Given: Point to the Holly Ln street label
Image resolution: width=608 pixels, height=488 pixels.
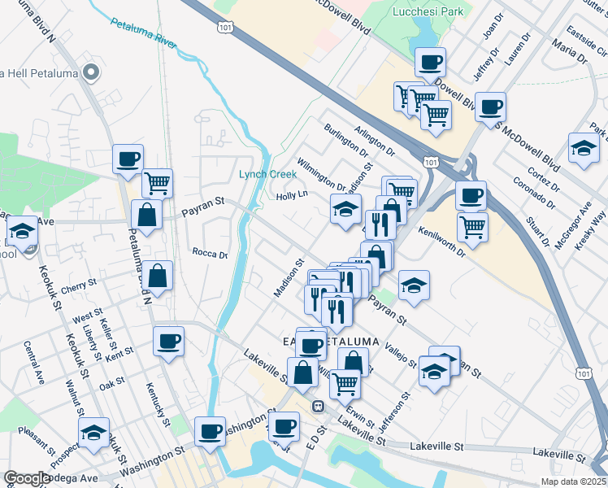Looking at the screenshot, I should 292,195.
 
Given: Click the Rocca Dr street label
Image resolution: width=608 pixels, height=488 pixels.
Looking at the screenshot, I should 210,254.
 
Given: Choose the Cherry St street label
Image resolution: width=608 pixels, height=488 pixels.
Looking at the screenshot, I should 79,286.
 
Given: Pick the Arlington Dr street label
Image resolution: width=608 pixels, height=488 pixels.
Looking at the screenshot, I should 375,141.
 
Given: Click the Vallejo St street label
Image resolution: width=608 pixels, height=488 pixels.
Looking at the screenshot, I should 401,354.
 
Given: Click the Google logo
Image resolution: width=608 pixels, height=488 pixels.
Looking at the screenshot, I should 27,478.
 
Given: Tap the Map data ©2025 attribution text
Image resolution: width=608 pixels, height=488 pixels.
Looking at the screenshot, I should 573,481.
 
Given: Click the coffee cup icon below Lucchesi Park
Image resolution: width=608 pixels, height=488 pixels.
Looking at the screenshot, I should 430,61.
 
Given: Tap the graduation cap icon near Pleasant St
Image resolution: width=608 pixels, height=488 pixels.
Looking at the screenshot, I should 94,433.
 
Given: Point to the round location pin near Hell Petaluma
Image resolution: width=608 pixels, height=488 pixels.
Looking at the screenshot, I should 91,74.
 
